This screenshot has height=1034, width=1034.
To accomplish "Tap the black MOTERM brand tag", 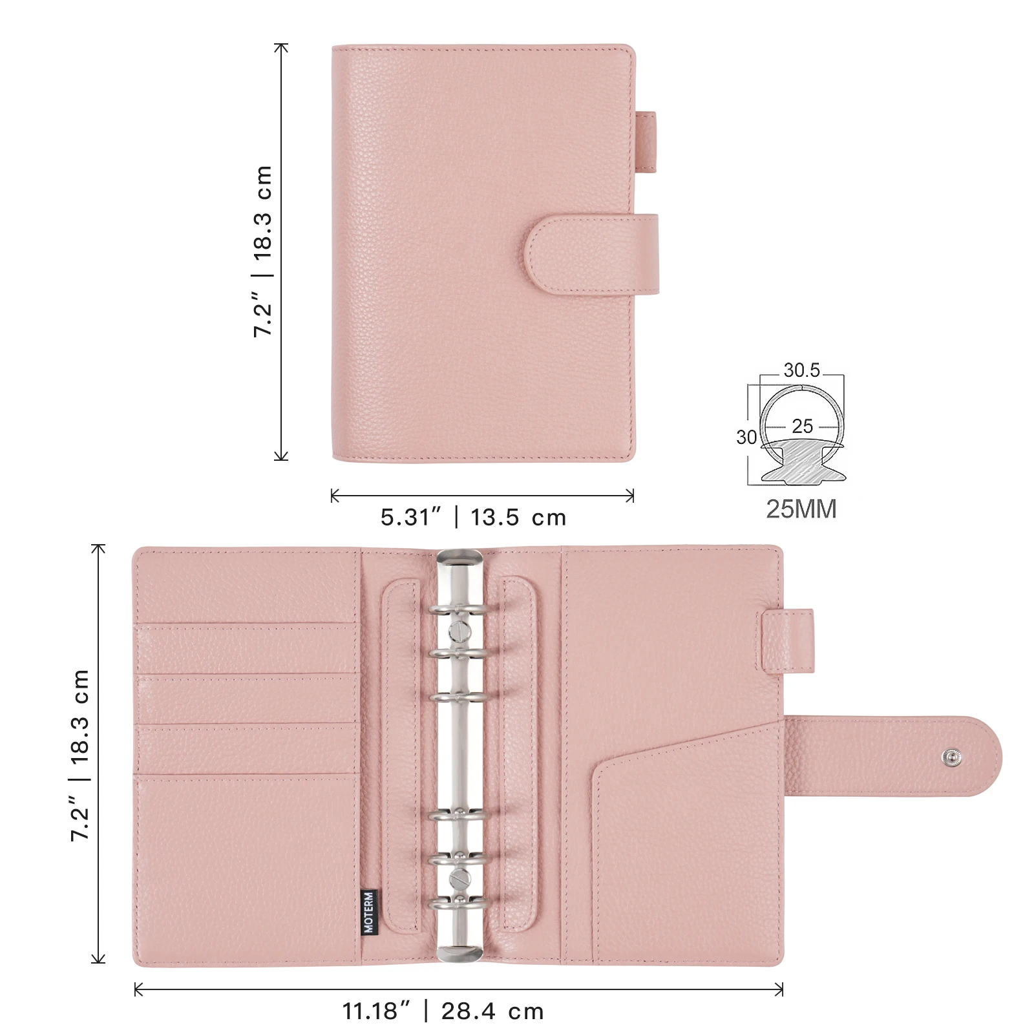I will tap(368, 911).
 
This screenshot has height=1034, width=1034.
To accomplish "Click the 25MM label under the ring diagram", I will tap(801, 509).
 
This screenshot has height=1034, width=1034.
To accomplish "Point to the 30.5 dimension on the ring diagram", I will tap(801, 370).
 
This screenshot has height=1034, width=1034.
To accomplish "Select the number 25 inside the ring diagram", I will tap(802, 427).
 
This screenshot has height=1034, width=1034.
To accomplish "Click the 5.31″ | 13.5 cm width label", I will tap(473, 518).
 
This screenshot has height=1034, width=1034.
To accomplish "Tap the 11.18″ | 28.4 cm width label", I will tap(443, 1011).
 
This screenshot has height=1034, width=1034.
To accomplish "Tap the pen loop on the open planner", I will tap(788, 640).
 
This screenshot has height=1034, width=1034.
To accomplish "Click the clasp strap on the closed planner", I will tap(591, 255).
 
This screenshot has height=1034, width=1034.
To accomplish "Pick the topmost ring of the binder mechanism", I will tap(458, 611).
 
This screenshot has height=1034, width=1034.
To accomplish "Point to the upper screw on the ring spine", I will tap(459, 628).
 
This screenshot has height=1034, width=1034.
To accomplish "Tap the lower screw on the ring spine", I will tap(459, 878).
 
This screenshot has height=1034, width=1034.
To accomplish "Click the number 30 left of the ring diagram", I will tap(746, 438).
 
